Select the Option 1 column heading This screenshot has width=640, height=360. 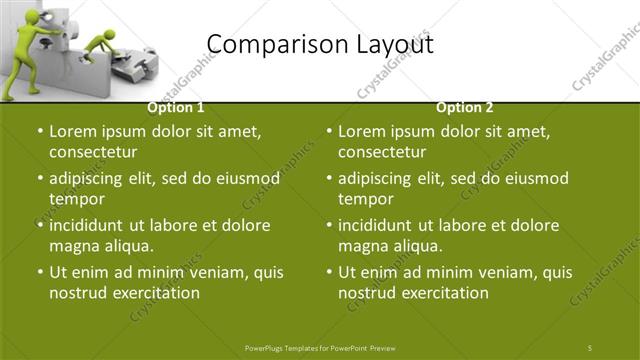point(176,107)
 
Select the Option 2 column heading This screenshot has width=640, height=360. point(465,107)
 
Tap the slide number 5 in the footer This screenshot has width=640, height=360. point(590,347)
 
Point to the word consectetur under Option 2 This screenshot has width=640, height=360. point(382,152)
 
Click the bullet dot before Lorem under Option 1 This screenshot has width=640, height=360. point(39,132)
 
